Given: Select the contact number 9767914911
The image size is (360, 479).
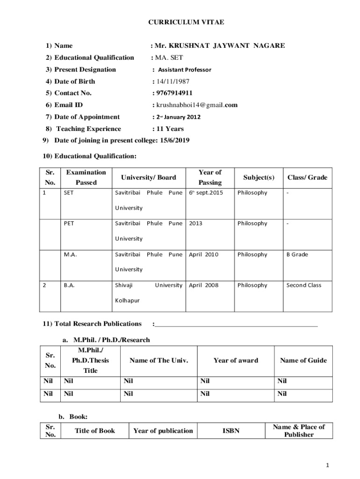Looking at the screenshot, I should click(x=174, y=93).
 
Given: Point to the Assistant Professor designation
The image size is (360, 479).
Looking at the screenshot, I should click(x=184, y=70).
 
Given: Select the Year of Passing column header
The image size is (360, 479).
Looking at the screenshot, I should click(x=210, y=177).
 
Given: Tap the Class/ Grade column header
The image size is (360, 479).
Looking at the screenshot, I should click(x=307, y=177).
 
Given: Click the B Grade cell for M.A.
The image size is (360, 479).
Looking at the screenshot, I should click(x=297, y=254).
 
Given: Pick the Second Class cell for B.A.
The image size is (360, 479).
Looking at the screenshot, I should click(x=303, y=285).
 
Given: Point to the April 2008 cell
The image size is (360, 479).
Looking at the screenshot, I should click(x=203, y=285).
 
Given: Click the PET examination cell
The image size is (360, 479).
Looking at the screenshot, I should click(x=69, y=224).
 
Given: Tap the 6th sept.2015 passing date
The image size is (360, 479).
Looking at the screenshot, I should click(x=206, y=193).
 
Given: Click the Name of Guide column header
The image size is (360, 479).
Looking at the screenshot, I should click(x=303, y=361).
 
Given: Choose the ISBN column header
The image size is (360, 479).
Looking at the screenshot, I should click(x=230, y=431).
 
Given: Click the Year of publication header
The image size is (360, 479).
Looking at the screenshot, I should click(x=163, y=431).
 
